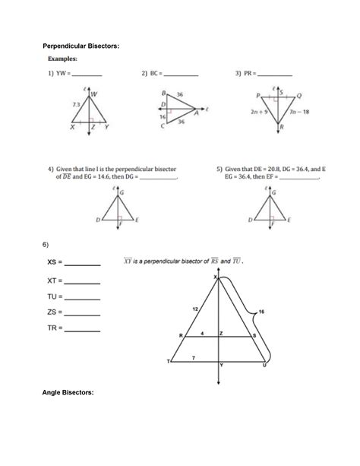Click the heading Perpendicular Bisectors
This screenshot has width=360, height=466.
(x=83, y=46)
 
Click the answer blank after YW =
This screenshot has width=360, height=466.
(x=87, y=75)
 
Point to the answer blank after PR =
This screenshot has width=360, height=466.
(x=275, y=75)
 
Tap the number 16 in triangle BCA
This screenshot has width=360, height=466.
(x=162, y=118)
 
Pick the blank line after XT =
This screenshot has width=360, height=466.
(x=83, y=281)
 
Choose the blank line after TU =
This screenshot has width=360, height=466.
(x=83, y=297)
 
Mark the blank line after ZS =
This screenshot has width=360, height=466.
(x=83, y=314)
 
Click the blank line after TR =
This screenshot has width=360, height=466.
(x=83, y=331)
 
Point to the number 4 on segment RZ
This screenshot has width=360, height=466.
(x=202, y=332)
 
